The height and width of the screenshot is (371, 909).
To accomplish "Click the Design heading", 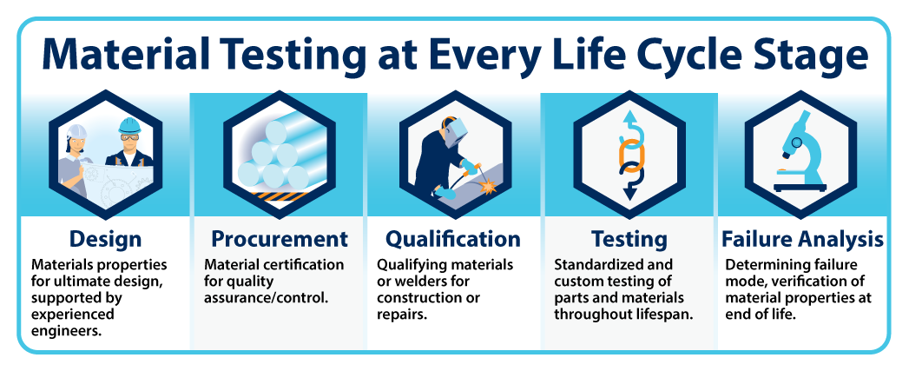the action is tap(105, 239).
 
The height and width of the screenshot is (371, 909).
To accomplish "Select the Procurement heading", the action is tap(280, 239).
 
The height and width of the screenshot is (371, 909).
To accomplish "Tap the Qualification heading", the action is tap(453, 239).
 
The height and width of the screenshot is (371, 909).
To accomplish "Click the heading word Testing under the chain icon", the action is tap(629, 239).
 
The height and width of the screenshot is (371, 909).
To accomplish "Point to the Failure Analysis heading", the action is tap(803, 239).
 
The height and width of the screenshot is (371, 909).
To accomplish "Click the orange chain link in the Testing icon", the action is tap(629, 153).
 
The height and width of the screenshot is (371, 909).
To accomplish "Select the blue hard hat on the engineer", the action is tap(129, 125).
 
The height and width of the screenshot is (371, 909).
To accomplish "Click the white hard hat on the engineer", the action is tap(76, 132).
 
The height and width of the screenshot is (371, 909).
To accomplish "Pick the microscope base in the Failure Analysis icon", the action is tap(800, 187).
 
